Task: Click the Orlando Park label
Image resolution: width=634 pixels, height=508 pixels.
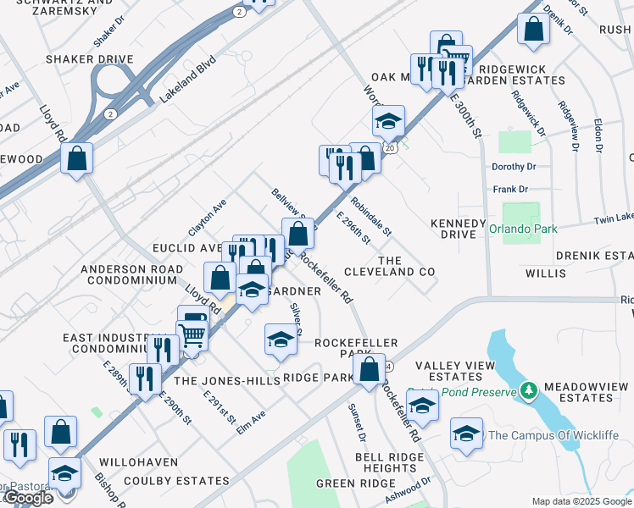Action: coord(525,228)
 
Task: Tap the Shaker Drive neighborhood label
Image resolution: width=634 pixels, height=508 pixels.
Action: coord(90,59)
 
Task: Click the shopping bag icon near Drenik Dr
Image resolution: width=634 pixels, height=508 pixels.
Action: coord(534,29)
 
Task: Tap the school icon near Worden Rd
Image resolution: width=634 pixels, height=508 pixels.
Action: coord(389,120)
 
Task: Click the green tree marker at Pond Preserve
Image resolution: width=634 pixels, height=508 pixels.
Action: coord(529,390)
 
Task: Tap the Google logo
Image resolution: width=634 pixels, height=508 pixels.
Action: coord(28,498)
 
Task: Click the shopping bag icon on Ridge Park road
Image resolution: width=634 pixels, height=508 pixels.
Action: coord(369,369)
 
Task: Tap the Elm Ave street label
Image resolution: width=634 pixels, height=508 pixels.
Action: coord(252,422)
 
